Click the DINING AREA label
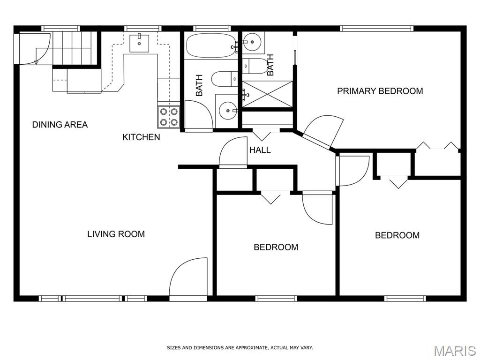60,125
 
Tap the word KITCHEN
141,137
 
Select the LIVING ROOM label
116,234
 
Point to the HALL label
260,150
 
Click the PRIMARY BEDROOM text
380,91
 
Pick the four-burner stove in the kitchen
169,117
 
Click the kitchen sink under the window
139,43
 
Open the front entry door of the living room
188,279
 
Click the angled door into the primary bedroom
323,132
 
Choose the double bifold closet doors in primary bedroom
438,146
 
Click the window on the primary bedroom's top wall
377,29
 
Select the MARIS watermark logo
454,350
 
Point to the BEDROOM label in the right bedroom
397,235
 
